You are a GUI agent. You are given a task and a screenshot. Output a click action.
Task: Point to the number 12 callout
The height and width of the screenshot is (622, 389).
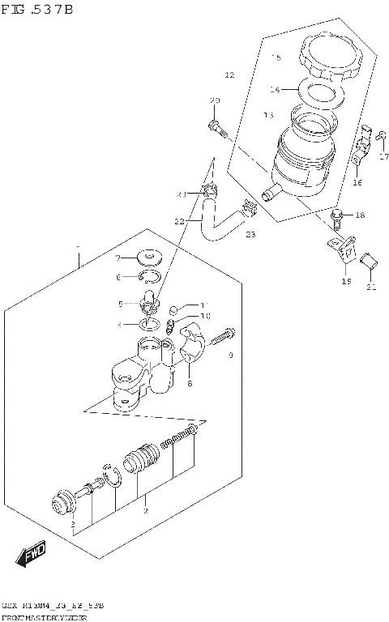pos(229,75)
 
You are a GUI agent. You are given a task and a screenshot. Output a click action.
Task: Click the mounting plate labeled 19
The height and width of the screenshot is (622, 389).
pos(344,249)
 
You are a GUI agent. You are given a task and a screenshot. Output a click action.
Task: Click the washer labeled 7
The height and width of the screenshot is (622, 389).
pos(147,258)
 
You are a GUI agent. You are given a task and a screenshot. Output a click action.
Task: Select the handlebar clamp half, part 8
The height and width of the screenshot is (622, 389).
pos(194,343)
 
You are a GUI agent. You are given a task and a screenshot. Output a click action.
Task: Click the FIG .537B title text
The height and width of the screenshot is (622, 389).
pos(37,10)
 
